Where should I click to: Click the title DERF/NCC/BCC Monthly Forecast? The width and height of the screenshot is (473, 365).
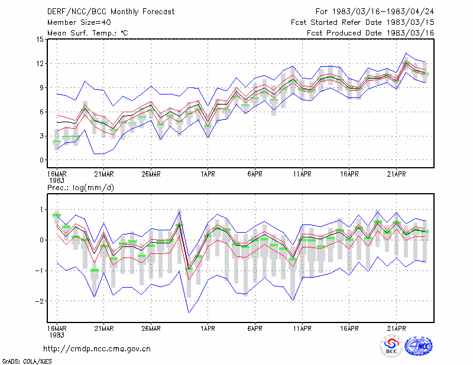[111, 12]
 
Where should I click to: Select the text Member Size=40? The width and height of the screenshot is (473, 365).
[79, 22]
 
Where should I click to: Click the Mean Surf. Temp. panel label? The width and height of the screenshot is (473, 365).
[88, 33]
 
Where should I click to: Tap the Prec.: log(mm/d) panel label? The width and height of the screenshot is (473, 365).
[80, 188]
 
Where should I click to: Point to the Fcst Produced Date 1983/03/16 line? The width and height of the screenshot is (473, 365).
[371, 33]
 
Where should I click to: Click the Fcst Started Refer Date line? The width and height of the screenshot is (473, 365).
[362, 22]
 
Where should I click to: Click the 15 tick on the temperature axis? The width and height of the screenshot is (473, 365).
[40, 39]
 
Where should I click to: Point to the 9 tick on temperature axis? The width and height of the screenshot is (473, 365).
[41, 88]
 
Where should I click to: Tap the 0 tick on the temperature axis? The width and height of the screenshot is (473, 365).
[41, 160]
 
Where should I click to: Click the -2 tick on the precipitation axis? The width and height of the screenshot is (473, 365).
[39, 301]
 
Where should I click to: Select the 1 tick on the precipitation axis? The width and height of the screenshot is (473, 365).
[42, 210]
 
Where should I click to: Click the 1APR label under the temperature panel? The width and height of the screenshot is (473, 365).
[208, 174]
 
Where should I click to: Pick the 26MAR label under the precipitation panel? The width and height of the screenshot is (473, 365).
[151, 328]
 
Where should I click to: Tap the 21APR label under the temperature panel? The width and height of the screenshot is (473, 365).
[396, 174]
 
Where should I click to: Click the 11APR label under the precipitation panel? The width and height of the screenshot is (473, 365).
[302, 328]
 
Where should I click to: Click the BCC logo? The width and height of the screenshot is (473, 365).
[391, 346]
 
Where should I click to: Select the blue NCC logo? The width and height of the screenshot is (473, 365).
[419, 346]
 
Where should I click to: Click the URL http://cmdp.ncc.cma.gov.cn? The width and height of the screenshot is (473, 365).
[97, 349]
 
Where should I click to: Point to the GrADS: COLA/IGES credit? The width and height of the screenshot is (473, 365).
[27, 361]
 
